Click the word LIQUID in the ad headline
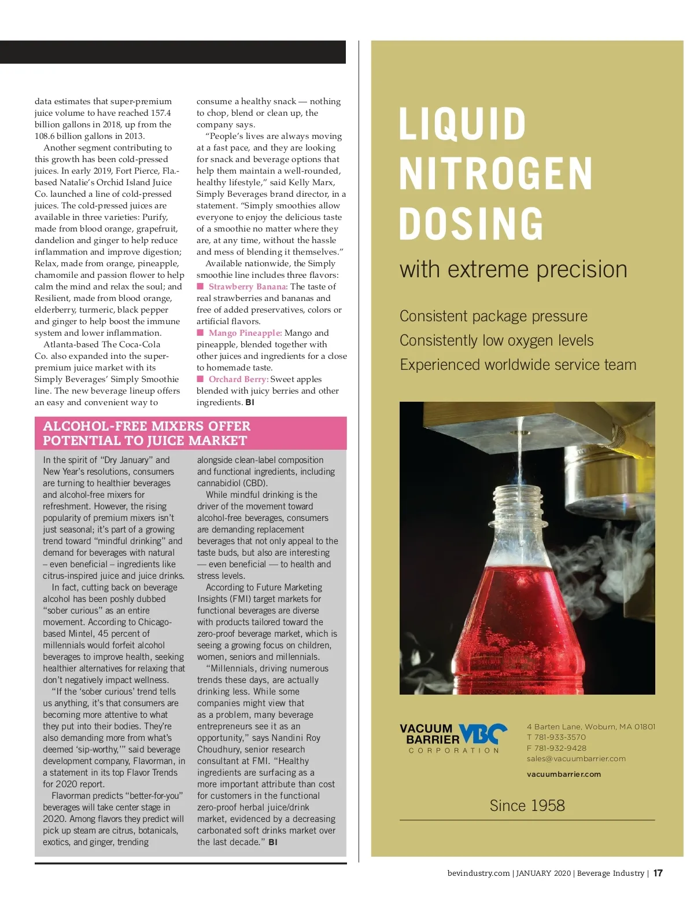[x=463, y=123]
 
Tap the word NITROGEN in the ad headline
[x=496, y=173]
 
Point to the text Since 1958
[x=527, y=805]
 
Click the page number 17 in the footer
[x=658, y=873]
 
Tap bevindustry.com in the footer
[x=478, y=873]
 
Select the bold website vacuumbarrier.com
[x=564, y=774]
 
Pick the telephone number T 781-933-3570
[x=556, y=737]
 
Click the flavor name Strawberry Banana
[x=248, y=287]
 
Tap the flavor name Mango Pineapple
[x=245, y=333]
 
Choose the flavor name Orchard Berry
[x=238, y=379]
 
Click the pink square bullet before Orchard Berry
[x=200, y=379]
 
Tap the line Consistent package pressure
[x=493, y=316]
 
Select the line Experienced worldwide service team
[x=518, y=365]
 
